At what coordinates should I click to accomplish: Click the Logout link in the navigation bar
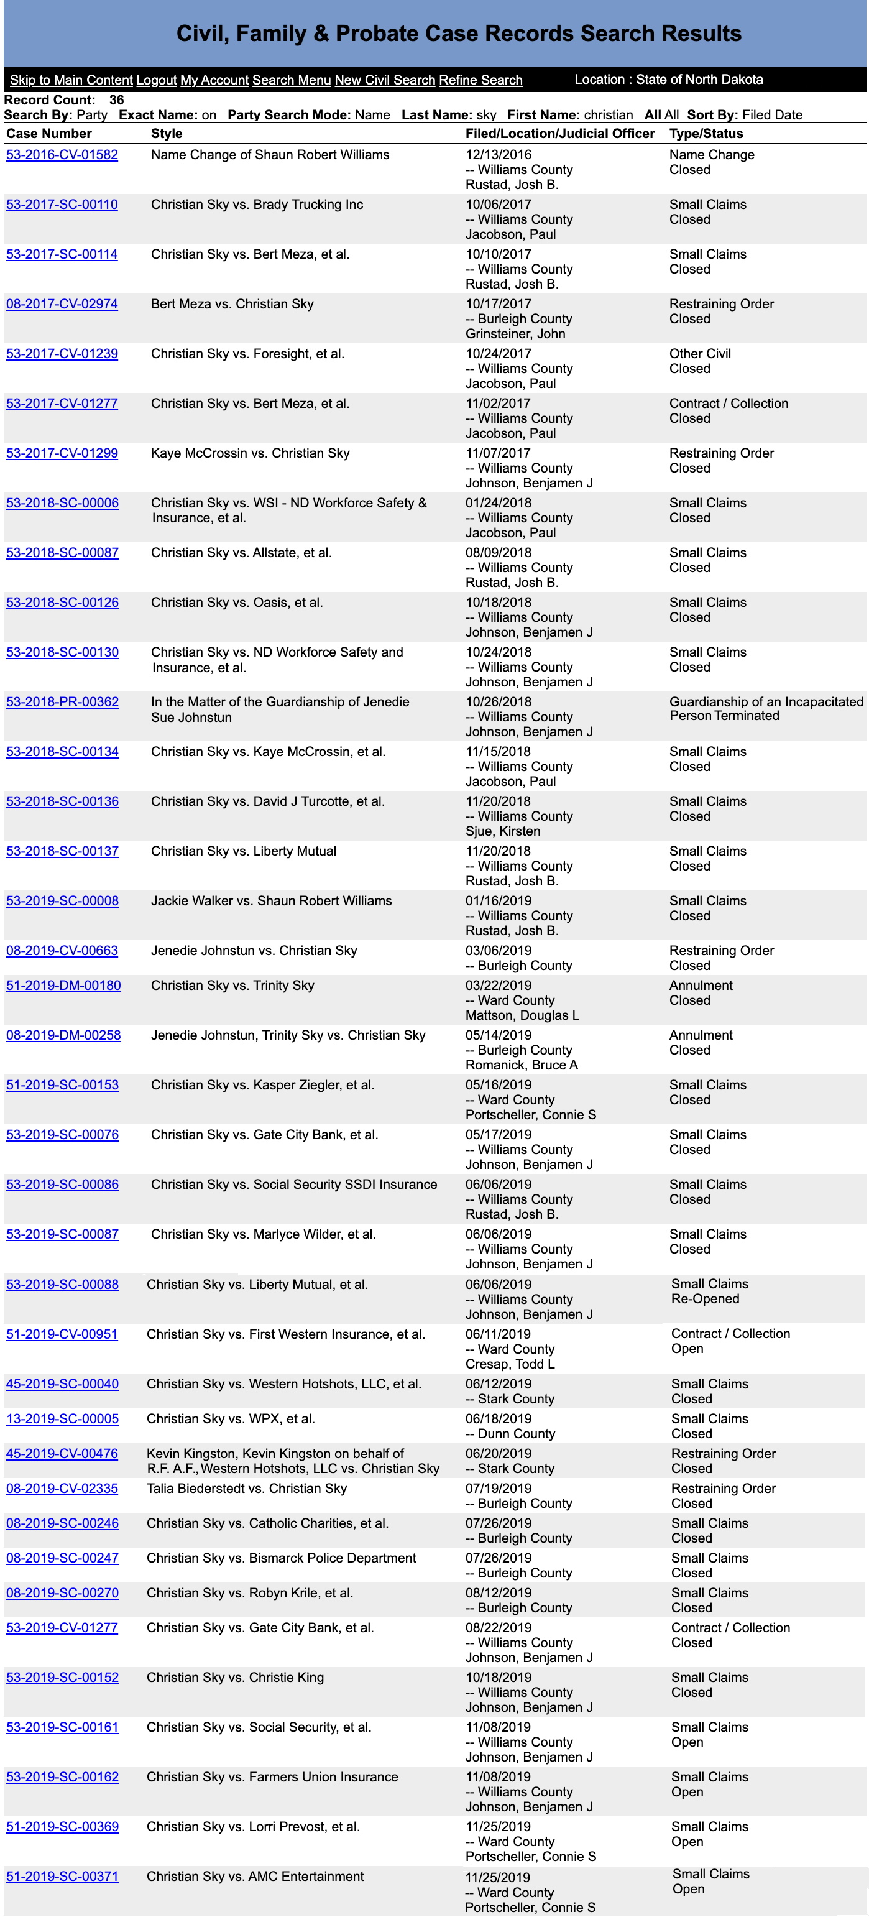pyautogui.click(x=156, y=80)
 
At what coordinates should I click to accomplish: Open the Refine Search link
pyautogui.click(x=480, y=80)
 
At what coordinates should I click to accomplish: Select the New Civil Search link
pyautogui.click(x=384, y=80)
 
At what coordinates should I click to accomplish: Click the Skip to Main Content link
pyautogui.click(x=71, y=80)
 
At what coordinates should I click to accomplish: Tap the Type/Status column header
pyautogui.click(x=706, y=134)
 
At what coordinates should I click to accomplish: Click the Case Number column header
pyautogui.click(x=49, y=134)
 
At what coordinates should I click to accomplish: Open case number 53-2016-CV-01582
pyautogui.click(x=62, y=155)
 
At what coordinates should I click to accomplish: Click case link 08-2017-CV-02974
pyautogui.click(x=62, y=303)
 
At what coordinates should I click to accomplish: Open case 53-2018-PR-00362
pyautogui.click(x=63, y=702)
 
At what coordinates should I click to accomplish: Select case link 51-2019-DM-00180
pyautogui.click(x=63, y=986)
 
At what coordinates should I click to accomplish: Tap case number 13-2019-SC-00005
pyautogui.click(x=63, y=1418)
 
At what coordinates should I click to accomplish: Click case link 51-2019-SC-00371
pyautogui.click(x=63, y=1876)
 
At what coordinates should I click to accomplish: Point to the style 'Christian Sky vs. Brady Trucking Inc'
pyautogui.click(x=257, y=205)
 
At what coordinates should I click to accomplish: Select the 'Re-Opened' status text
pyautogui.click(x=704, y=1298)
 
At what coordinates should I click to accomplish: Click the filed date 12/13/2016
pyautogui.click(x=499, y=155)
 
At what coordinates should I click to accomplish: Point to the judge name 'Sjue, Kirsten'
pyautogui.click(x=503, y=831)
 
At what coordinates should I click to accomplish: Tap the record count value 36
pyautogui.click(x=117, y=99)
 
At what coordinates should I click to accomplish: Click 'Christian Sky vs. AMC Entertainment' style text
pyautogui.click(x=255, y=1876)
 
